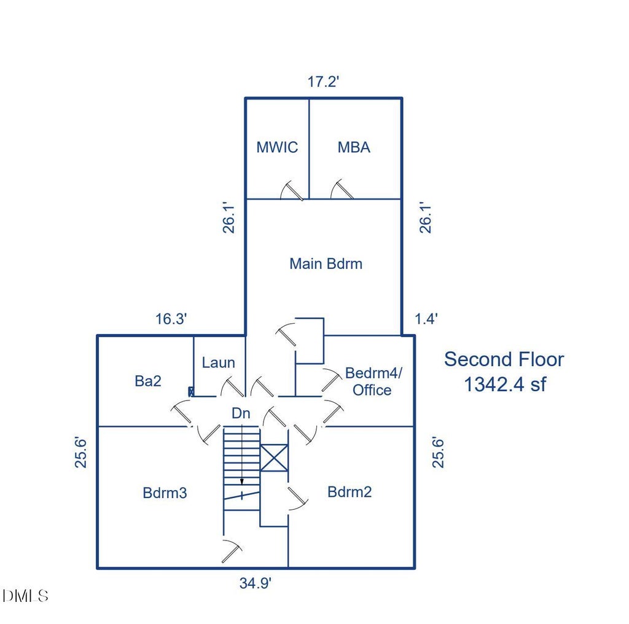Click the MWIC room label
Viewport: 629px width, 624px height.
(x=277, y=147)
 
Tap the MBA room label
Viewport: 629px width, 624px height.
(x=354, y=147)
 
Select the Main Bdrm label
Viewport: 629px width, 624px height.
(x=326, y=263)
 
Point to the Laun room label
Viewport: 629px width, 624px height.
(x=218, y=362)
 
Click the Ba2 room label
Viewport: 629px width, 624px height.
(x=148, y=381)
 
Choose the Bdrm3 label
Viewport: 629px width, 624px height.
(x=165, y=493)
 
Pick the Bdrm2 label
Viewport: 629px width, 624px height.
(x=350, y=492)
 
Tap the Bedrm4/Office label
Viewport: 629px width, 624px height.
(x=373, y=381)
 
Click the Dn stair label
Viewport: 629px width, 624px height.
(x=241, y=413)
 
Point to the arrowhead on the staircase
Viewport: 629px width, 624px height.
(x=242, y=482)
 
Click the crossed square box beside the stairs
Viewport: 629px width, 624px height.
(x=274, y=458)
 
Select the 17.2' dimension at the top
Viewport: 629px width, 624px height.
(x=323, y=82)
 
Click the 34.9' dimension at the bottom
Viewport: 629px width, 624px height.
(x=256, y=583)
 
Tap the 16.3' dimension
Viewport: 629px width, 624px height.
(x=171, y=319)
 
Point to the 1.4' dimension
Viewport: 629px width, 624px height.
(x=426, y=319)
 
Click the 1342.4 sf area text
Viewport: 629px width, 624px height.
(x=505, y=384)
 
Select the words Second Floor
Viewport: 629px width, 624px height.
(x=504, y=359)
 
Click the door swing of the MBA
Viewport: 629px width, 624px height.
(x=342, y=189)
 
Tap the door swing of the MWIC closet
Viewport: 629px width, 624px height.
(x=291, y=190)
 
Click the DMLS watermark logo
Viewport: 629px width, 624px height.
(x=25, y=596)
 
